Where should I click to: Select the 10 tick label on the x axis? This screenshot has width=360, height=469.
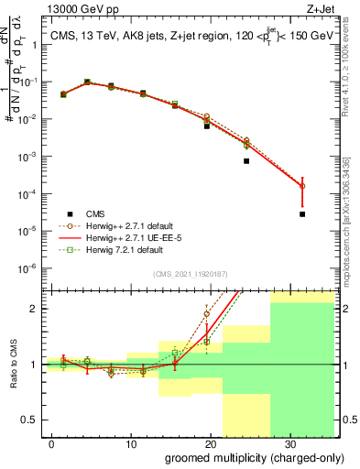click(x=130, y=442)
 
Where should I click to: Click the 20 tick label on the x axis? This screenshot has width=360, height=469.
click(x=208, y=442)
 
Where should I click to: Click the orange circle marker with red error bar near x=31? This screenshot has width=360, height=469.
click(x=302, y=186)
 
